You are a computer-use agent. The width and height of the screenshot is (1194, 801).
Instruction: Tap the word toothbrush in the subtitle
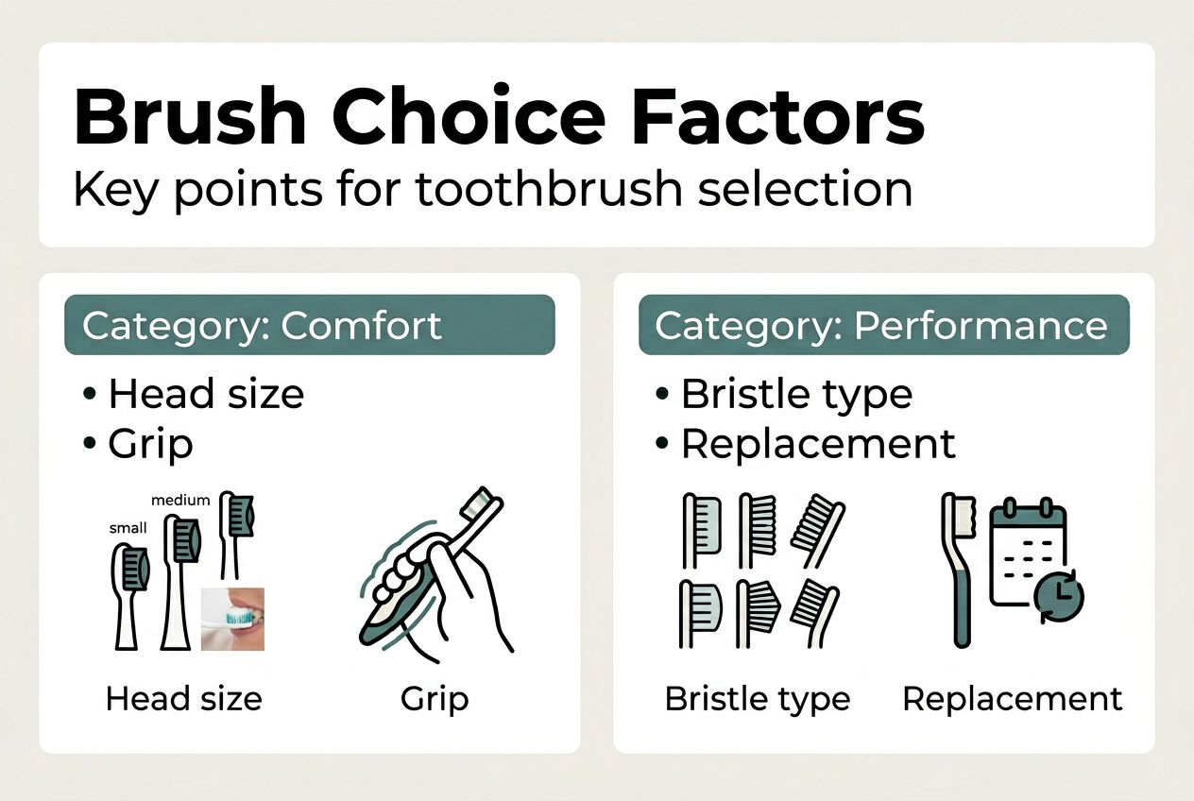tap(548, 188)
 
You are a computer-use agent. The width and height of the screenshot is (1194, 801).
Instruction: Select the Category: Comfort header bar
tap(309, 325)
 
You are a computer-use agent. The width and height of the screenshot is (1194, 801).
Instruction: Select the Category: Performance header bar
tap(883, 325)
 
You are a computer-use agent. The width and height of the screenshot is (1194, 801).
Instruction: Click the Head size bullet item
tap(206, 393)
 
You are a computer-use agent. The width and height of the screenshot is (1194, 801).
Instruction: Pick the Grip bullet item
tap(150, 443)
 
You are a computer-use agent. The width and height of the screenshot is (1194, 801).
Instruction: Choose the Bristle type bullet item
tap(796, 393)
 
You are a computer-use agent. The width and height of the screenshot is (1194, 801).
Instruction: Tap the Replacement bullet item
tap(818, 443)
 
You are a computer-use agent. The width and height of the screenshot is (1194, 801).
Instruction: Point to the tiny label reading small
tap(128, 528)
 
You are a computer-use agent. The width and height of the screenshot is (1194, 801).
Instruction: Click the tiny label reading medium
tap(180, 499)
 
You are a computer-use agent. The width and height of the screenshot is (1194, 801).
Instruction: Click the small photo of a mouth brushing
tap(232, 619)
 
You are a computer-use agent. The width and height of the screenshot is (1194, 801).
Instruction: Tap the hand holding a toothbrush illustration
tap(435, 576)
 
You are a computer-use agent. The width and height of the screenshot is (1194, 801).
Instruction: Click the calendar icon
tap(1027, 557)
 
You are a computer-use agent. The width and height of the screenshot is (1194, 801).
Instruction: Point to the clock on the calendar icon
tap(1059, 597)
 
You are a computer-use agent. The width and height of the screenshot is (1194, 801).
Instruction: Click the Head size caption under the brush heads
tap(183, 699)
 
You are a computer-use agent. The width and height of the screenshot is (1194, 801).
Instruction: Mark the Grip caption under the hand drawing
tap(435, 699)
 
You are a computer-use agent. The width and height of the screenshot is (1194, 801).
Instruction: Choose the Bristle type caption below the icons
tap(757, 699)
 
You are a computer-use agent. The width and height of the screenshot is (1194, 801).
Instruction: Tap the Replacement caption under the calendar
tap(1013, 699)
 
